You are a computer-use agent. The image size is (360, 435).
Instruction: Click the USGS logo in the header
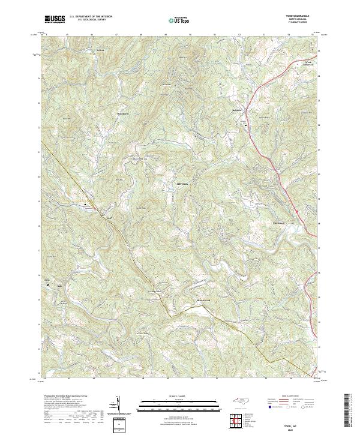pos(55,20)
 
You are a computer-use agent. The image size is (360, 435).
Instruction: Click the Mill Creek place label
pos(181,184)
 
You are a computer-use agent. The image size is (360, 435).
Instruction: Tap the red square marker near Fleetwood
pos(297,211)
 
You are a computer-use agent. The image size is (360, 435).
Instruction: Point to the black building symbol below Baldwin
pos(245,124)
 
